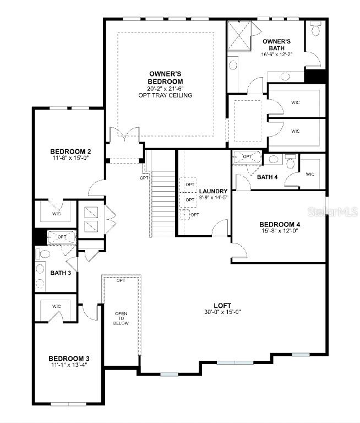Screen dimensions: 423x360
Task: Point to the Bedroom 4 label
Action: (x=279, y=224)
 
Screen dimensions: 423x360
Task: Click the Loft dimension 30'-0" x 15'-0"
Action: (x=222, y=312)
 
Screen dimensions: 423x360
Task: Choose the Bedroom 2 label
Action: (x=70, y=151)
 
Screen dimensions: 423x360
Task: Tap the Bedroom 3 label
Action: (x=69, y=359)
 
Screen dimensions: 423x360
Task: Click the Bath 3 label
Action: (x=61, y=272)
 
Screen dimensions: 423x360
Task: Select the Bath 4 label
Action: (x=268, y=177)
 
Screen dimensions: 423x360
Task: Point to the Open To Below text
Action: (x=121, y=318)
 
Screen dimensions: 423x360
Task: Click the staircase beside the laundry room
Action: (x=162, y=204)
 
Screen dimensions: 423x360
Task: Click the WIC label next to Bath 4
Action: (x=309, y=175)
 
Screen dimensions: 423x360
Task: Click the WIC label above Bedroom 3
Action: (x=57, y=306)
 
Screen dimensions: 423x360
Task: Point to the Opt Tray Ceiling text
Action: (x=166, y=95)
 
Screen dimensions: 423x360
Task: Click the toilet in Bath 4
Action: (x=291, y=162)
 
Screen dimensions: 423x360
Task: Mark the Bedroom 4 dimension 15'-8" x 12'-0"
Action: (x=279, y=231)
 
